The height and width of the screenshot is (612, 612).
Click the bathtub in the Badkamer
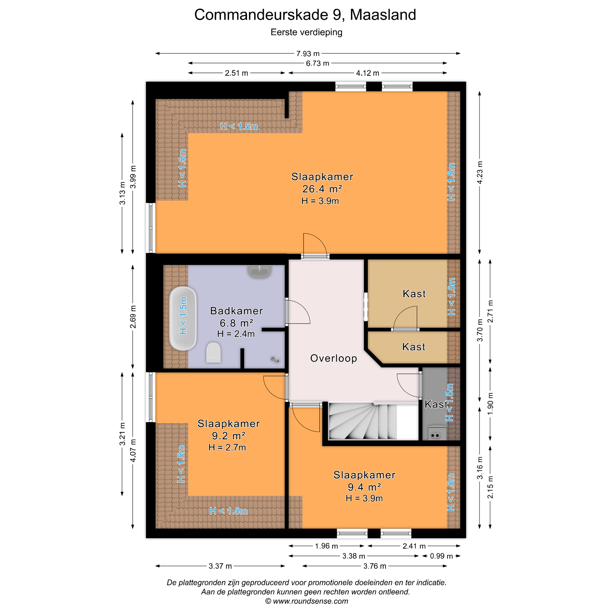click(x=183, y=318)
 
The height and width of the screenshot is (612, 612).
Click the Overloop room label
click(x=334, y=358)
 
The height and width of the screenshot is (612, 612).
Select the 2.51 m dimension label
click(x=236, y=73)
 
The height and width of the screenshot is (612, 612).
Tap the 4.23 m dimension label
click(x=480, y=173)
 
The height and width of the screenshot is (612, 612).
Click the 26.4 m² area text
click(x=322, y=189)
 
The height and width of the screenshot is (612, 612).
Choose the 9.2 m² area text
click(x=229, y=436)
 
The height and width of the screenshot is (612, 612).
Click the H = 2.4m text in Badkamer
click(x=236, y=334)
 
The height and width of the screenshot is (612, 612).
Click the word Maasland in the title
click(x=383, y=15)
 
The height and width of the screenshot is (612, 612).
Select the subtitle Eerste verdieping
click(x=306, y=32)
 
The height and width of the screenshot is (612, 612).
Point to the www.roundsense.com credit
click(x=307, y=601)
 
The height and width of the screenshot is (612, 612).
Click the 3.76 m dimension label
click(x=375, y=566)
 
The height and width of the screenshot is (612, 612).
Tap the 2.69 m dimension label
click(x=133, y=317)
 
